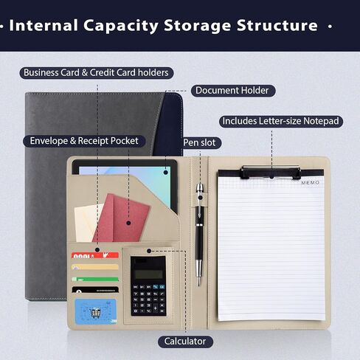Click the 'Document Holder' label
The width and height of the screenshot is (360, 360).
click(x=233, y=91)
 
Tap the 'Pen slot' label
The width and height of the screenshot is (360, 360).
click(x=201, y=142)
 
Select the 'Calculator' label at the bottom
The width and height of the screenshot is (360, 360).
click(x=185, y=342)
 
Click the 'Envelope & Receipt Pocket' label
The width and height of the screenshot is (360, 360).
click(x=84, y=141)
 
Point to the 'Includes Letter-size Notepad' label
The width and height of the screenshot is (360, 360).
click(x=281, y=121)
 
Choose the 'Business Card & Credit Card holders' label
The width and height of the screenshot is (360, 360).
click(x=97, y=73)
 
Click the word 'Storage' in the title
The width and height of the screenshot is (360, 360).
click(x=198, y=26)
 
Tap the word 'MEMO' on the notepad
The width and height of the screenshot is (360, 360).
click(x=311, y=183)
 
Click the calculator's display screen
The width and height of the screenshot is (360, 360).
click(x=148, y=273)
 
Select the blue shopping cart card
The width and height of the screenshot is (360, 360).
click(x=96, y=311)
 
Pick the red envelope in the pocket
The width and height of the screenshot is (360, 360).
click(x=121, y=218)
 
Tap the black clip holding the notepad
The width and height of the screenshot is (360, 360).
click(x=271, y=172)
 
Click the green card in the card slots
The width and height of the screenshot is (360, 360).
click(x=95, y=279)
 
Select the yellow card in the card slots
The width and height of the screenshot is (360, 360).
click(x=95, y=267)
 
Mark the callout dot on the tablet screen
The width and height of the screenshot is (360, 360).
click(x=166, y=173)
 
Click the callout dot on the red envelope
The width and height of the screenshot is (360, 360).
click(x=128, y=223)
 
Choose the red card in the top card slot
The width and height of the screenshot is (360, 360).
click(x=95, y=255)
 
